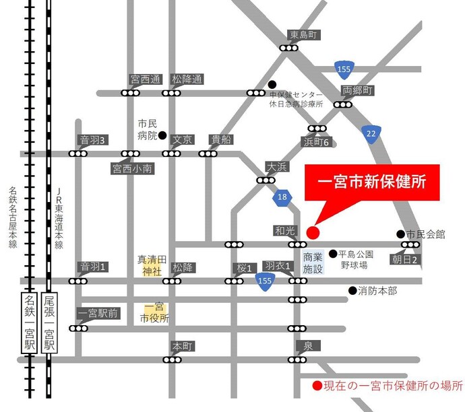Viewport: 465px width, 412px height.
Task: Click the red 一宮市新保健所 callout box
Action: point(371,182)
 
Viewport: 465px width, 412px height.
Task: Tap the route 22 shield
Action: point(371,133)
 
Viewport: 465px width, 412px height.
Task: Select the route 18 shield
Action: point(282,197)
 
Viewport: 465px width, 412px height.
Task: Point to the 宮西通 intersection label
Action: point(146,79)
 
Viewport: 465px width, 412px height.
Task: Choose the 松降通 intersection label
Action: point(187,79)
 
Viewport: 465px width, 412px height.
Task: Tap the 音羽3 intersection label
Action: point(93,140)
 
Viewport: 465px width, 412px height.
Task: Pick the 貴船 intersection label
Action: point(220,139)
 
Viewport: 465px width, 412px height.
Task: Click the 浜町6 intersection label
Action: point(317,141)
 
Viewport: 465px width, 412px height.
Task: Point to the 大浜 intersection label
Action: point(277,166)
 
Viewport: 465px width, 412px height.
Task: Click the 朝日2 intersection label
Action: point(407,259)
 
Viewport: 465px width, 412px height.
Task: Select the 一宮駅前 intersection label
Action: point(98,313)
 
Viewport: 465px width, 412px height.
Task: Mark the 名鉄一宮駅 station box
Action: point(30,322)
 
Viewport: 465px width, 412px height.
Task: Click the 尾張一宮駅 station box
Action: point(49,322)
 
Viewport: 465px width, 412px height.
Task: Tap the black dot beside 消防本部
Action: point(352,291)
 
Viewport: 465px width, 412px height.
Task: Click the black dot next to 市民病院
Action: point(162,135)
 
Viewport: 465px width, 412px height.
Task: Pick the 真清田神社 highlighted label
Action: point(152,265)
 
